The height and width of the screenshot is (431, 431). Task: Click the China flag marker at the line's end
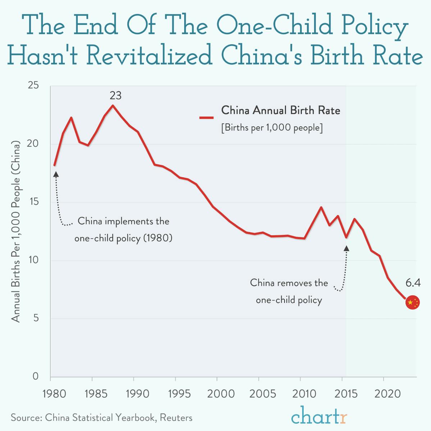[x=412, y=303]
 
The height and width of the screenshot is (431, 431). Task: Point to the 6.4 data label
[x=413, y=283]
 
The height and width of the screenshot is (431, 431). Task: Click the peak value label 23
[x=115, y=96]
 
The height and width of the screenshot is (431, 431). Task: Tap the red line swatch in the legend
[x=207, y=117]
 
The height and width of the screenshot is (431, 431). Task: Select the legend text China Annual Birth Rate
[x=280, y=110]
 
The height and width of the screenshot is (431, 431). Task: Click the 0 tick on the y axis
[x=35, y=376]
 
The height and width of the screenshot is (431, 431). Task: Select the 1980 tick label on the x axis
[x=55, y=394]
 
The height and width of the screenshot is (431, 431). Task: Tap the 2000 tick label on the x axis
[x=221, y=394]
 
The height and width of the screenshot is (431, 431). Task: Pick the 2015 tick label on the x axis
[x=346, y=394]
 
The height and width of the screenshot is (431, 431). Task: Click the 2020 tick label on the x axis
[x=387, y=394]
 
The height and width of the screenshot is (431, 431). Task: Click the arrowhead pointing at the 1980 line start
[x=56, y=174]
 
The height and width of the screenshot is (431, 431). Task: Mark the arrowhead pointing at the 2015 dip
[x=346, y=248]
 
